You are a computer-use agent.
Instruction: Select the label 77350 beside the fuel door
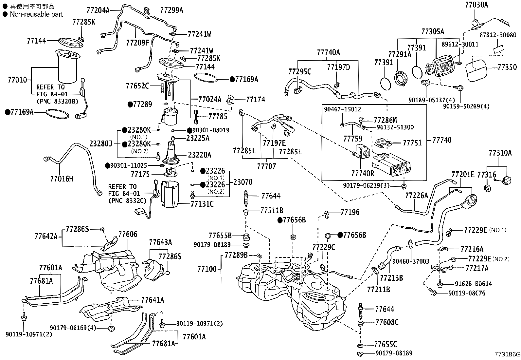coord(507,67)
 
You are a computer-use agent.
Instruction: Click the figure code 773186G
coord(507,354)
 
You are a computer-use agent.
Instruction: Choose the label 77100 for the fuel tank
coord(207,269)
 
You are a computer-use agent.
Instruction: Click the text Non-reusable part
coord(36,14)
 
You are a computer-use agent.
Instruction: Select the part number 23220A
coord(199,155)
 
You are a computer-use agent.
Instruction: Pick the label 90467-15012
coord(342,109)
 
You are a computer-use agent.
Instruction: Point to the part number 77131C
coord(202,204)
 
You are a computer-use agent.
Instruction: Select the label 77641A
coord(153,300)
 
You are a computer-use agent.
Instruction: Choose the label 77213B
coord(391,278)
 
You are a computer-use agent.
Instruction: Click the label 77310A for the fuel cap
coord(500,153)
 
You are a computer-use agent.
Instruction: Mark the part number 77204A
coord(98,10)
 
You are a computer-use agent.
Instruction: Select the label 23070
coord(243,182)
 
